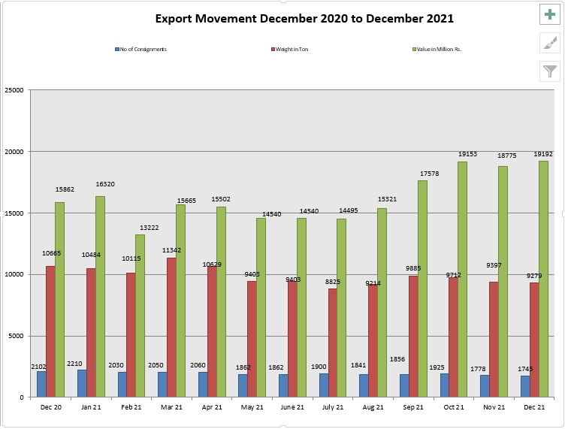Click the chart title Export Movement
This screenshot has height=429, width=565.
[304, 18]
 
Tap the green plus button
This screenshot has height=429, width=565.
[551, 14]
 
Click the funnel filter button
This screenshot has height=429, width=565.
[551, 71]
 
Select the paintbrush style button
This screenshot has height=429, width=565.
[551, 43]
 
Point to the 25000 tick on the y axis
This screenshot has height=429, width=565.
[14, 90]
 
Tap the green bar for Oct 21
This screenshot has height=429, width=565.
[463, 278]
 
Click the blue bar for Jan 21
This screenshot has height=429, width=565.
[82, 383]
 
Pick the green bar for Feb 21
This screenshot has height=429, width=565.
[140, 316]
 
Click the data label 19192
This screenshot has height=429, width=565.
[543, 154]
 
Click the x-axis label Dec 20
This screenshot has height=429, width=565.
[52, 406]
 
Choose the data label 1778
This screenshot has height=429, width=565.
[488, 367]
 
